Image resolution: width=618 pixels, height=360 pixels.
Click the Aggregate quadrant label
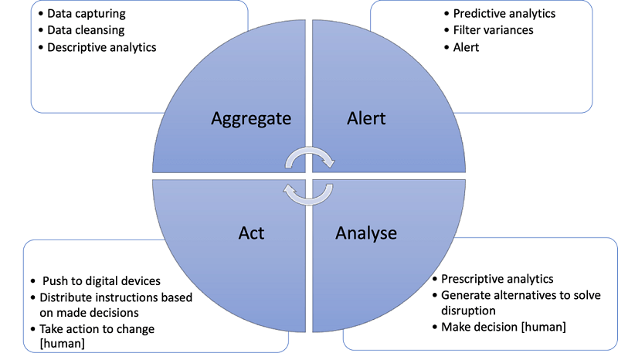point(251,118)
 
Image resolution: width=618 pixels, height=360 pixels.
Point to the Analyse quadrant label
point(366,233)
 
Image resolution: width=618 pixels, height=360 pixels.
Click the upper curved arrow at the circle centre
point(310,158)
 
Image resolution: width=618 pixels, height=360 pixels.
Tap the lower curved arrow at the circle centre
point(308,192)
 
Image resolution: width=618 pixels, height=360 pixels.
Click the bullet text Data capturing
point(87,13)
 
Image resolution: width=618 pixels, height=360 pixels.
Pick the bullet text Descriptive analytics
point(102,47)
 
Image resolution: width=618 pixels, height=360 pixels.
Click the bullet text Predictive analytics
point(504,13)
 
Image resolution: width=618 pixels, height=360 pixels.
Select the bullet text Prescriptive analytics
point(497,278)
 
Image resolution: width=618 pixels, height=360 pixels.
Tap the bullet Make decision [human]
point(504,327)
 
